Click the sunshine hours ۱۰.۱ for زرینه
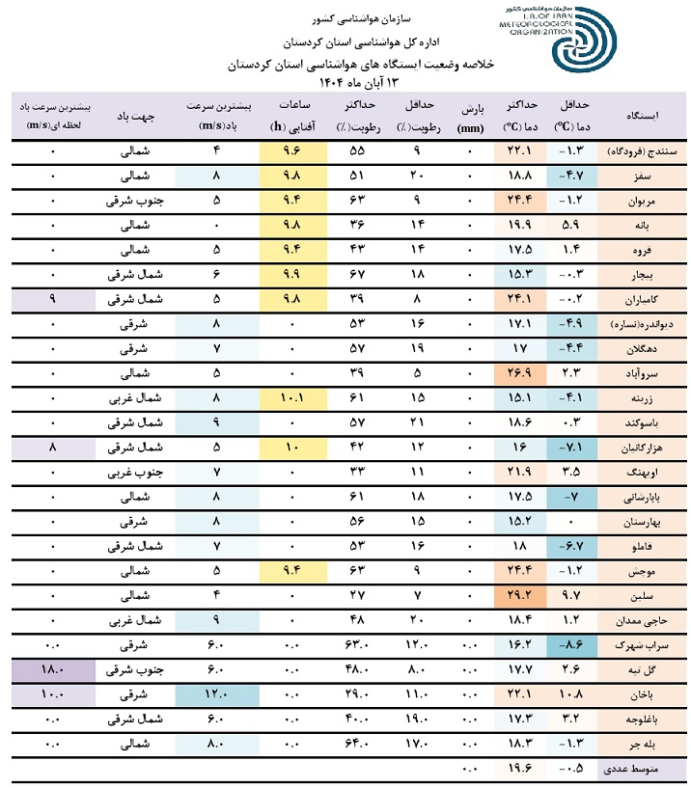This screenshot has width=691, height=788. [292, 396]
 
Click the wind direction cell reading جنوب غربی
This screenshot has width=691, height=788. [134, 472]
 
